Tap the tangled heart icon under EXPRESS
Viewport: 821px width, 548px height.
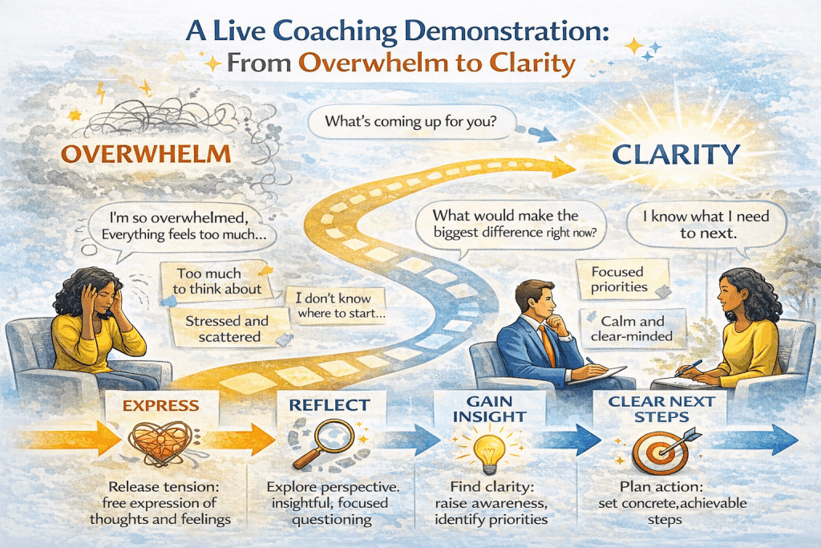[x=157, y=446]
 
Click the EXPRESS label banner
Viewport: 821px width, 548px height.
[x=160, y=406]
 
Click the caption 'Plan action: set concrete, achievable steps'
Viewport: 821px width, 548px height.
[x=662, y=502]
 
